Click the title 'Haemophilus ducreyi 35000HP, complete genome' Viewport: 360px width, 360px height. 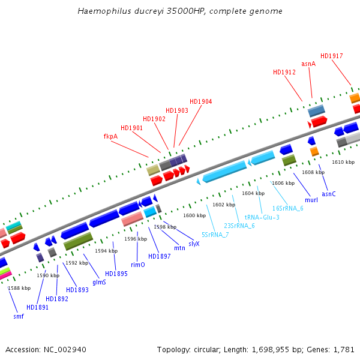[x=180, y=11]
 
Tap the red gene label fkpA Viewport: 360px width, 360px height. [x=110, y=137]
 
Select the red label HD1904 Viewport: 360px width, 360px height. [x=200, y=102]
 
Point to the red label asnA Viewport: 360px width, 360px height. [x=308, y=64]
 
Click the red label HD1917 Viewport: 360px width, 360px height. [x=332, y=56]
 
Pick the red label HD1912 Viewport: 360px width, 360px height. [x=284, y=73]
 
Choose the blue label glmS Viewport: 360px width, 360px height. [x=99, y=282]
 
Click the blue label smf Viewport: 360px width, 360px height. [x=19, y=316]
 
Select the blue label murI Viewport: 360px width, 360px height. [x=311, y=200]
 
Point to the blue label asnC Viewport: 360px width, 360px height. [x=329, y=194]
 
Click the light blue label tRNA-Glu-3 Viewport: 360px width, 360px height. [x=262, y=217]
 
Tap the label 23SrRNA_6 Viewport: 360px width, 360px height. [x=239, y=226]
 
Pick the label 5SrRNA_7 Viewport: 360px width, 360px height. [x=215, y=235]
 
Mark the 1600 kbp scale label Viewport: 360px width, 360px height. [x=194, y=215]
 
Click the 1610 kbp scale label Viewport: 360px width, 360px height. [x=343, y=163]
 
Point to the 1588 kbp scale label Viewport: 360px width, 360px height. [x=19, y=289]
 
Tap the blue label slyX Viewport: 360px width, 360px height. [x=194, y=244]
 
